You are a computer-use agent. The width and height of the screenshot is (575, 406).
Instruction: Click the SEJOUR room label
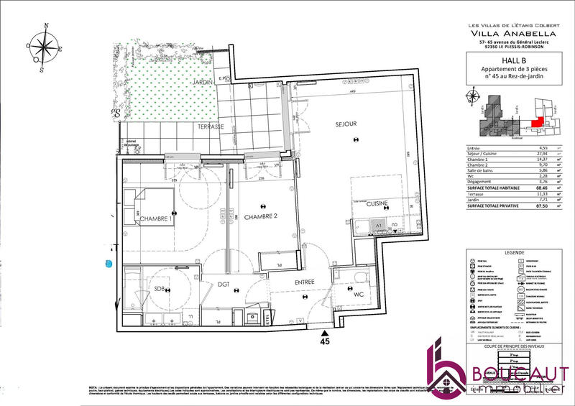pyautogui.click(x=346, y=124)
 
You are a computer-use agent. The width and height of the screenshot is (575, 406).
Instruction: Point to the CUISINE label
pyautogui.click(x=377, y=204)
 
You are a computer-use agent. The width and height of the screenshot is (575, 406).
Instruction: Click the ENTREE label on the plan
pyautogui.click(x=303, y=283)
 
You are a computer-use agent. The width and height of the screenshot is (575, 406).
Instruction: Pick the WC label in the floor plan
pyautogui.click(x=359, y=294)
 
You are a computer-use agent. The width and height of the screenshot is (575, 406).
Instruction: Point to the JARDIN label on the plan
pyautogui.click(x=204, y=83)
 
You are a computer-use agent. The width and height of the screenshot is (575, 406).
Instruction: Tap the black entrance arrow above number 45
pyautogui.click(x=326, y=333)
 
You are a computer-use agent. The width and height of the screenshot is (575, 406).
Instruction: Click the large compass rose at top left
pyautogui.click(x=45, y=49)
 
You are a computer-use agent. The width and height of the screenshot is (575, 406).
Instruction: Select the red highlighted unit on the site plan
pyautogui.click(x=535, y=122)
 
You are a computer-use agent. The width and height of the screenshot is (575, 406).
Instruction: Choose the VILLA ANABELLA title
pyautogui.click(x=512, y=33)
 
